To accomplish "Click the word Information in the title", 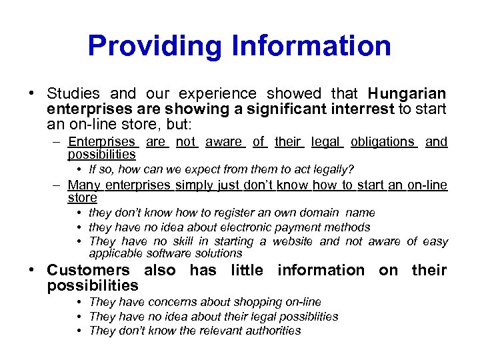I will click(x=312, y=46).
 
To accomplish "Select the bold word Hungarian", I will click(x=407, y=93).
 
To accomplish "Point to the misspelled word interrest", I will click(x=363, y=109).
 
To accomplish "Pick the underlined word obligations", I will click(x=383, y=142).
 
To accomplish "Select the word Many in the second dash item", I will click(x=83, y=185).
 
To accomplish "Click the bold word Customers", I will click(x=88, y=270).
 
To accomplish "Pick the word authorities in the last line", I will click(x=271, y=331).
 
